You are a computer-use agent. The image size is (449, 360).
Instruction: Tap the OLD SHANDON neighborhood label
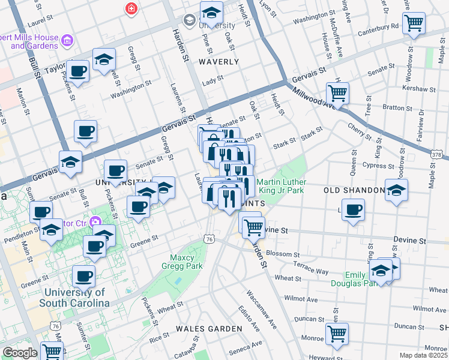pyautogui.click(x=354, y=190)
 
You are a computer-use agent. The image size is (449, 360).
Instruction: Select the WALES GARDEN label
pyautogui.click(x=209, y=329)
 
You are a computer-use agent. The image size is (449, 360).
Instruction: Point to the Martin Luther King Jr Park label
pyautogui.click(x=282, y=187)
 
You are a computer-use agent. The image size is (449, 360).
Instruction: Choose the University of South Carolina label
pyautogui.click(x=74, y=298)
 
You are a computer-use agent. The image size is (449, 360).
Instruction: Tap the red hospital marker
pyautogui.click(x=130, y=9)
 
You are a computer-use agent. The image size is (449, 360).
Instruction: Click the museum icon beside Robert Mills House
pyautogui.click(x=67, y=41)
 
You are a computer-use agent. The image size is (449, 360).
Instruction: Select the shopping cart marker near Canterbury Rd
pyautogui.click(x=414, y=23)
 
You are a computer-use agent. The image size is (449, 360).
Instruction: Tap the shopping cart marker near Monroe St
pyautogui.click(x=337, y=334)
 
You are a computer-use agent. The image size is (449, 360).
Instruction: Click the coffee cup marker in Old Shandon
pyautogui.click(x=354, y=210)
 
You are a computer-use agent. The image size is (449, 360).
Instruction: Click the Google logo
pyautogui.click(x=20, y=353)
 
